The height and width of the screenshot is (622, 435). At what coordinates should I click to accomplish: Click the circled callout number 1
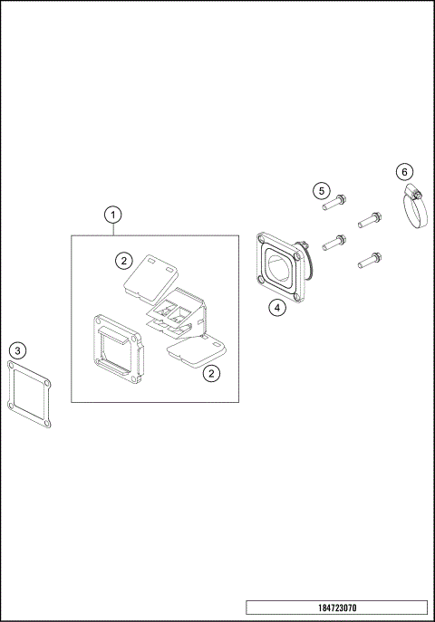click(x=112, y=215)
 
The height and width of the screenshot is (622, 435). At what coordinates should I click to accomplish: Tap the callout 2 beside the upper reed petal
click(x=124, y=261)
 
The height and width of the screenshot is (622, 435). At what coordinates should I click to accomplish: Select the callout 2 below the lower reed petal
click(x=210, y=372)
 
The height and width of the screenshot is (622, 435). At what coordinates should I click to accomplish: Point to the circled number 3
click(x=19, y=349)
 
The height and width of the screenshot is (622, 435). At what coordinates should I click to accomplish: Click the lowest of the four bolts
click(x=368, y=262)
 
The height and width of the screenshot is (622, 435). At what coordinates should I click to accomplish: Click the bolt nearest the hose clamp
click(x=368, y=218)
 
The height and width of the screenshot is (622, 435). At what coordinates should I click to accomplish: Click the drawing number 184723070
click(x=336, y=608)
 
